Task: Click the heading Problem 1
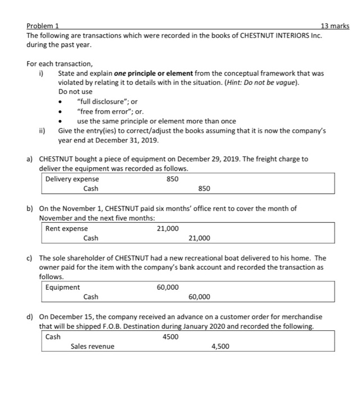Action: pos(45,26)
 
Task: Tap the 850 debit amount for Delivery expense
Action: pos(173,179)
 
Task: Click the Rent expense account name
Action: pos(66,228)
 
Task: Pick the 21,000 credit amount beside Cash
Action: pos(199,238)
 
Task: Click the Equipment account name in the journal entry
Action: pos(62,287)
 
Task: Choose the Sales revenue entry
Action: pos(92,346)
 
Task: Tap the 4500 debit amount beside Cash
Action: pos(170,337)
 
